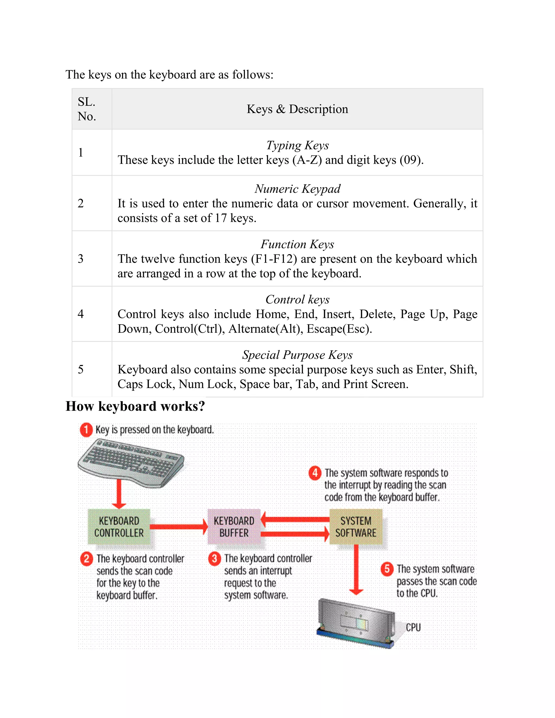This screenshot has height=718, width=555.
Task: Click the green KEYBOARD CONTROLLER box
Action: click(x=119, y=527)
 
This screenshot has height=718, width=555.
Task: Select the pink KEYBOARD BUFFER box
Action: click(x=234, y=527)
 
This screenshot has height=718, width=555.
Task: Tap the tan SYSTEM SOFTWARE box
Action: click(x=356, y=527)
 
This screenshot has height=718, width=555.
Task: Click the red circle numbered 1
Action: click(x=86, y=430)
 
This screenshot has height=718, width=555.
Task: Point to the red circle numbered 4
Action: click(x=315, y=473)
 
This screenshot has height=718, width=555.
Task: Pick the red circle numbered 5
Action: click(x=387, y=569)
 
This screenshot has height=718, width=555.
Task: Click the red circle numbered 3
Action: click(x=214, y=559)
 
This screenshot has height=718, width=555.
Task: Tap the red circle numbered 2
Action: click(x=86, y=559)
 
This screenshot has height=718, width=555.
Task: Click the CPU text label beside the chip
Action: click(x=413, y=627)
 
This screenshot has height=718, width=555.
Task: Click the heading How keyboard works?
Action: click(x=135, y=406)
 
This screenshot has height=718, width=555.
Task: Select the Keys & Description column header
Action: click(x=297, y=109)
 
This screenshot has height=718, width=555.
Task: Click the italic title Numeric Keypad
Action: click(x=297, y=189)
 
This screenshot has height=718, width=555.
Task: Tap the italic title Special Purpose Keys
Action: click(x=297, y=355)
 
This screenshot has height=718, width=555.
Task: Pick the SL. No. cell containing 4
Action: click(x=81, y=314)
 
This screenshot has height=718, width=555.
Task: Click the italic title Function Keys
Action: click(x=297, y=244)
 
